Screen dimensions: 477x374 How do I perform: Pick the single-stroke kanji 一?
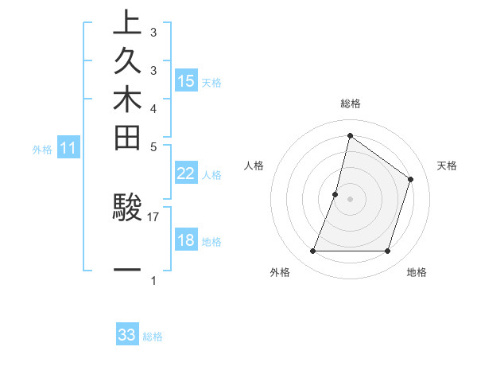tap(127, 271)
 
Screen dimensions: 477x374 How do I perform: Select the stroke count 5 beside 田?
tap(153, 147)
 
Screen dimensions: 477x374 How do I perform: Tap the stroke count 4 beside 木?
tap(153, 107)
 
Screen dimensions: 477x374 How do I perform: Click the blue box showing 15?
tap(186, 81)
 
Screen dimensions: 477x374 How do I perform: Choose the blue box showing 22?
tap(186, 173)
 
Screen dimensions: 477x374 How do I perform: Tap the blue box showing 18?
tap(186, 241)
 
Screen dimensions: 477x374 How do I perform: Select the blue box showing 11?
tap(68, 148)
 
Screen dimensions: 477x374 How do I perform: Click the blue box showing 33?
tap(127, 335)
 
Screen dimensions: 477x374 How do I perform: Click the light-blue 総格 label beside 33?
tap(153, 337)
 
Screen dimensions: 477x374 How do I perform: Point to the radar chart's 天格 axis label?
tap(447, 166)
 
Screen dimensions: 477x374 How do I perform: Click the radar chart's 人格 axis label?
tap(254, 166)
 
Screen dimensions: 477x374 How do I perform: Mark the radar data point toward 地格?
tap(387, 251)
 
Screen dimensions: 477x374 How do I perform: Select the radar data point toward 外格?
tap(312, 251)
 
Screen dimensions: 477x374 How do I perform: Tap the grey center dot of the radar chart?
tap(350, 199)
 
